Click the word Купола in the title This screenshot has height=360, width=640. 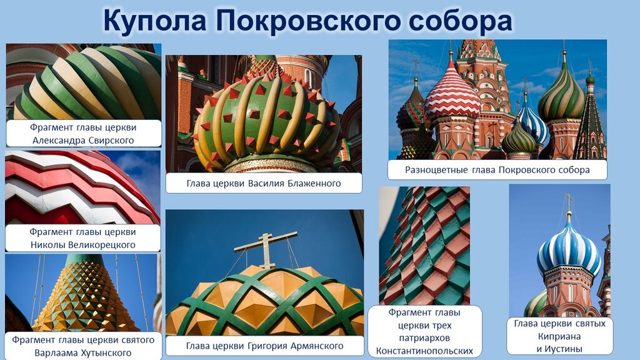155,21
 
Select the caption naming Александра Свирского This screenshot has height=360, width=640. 83,134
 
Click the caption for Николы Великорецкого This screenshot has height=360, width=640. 82,238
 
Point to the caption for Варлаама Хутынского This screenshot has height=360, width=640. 83,346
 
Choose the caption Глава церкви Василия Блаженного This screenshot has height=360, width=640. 264,183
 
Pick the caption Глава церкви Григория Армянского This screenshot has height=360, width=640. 264,346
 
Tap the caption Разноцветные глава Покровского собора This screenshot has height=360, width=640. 497,170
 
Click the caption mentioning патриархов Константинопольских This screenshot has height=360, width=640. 424,331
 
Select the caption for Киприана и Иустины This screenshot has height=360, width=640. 559,336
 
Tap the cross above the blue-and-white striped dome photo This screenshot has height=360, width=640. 569,203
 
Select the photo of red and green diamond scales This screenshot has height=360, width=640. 424,246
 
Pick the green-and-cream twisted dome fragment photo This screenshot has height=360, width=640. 84,82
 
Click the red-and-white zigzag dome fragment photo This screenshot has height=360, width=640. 82,187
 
